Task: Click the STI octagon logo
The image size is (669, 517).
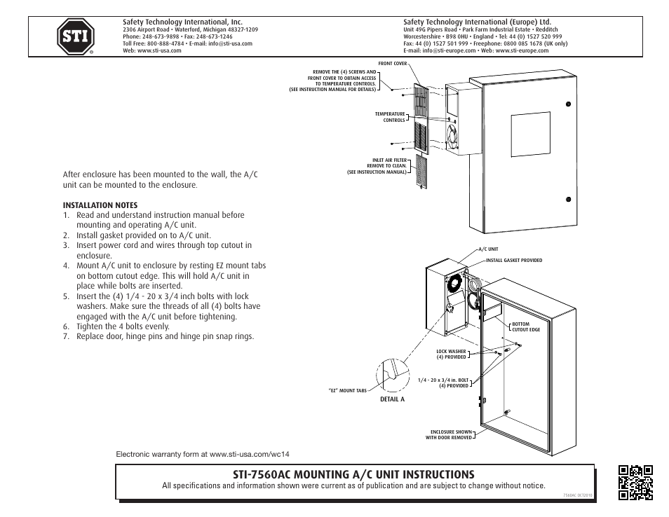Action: point(75,37)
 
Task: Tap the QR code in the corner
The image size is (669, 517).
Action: point(636,483)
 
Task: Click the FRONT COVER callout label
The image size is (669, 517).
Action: point(393,64)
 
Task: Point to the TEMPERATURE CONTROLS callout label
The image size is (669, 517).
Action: point(390,117)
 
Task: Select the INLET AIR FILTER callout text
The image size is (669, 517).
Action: point(379,166)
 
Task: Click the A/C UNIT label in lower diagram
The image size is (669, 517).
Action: point(488,249)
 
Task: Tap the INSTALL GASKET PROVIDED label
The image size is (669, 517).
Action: point(514,261)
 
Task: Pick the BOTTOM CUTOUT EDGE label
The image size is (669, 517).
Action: point(526,326)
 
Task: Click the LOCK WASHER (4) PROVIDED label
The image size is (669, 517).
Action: point(451,354)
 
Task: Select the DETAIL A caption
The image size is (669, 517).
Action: point(393,399)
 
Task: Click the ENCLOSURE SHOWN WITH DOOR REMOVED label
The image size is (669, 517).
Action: point(449,435)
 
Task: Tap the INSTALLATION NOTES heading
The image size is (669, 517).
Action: point(100,205)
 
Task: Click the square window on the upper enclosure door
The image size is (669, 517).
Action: point(531,135)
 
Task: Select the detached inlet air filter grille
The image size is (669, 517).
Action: point(421,172)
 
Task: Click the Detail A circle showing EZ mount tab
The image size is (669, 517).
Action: point(392,373)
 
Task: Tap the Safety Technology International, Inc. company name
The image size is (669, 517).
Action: point(173,22)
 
